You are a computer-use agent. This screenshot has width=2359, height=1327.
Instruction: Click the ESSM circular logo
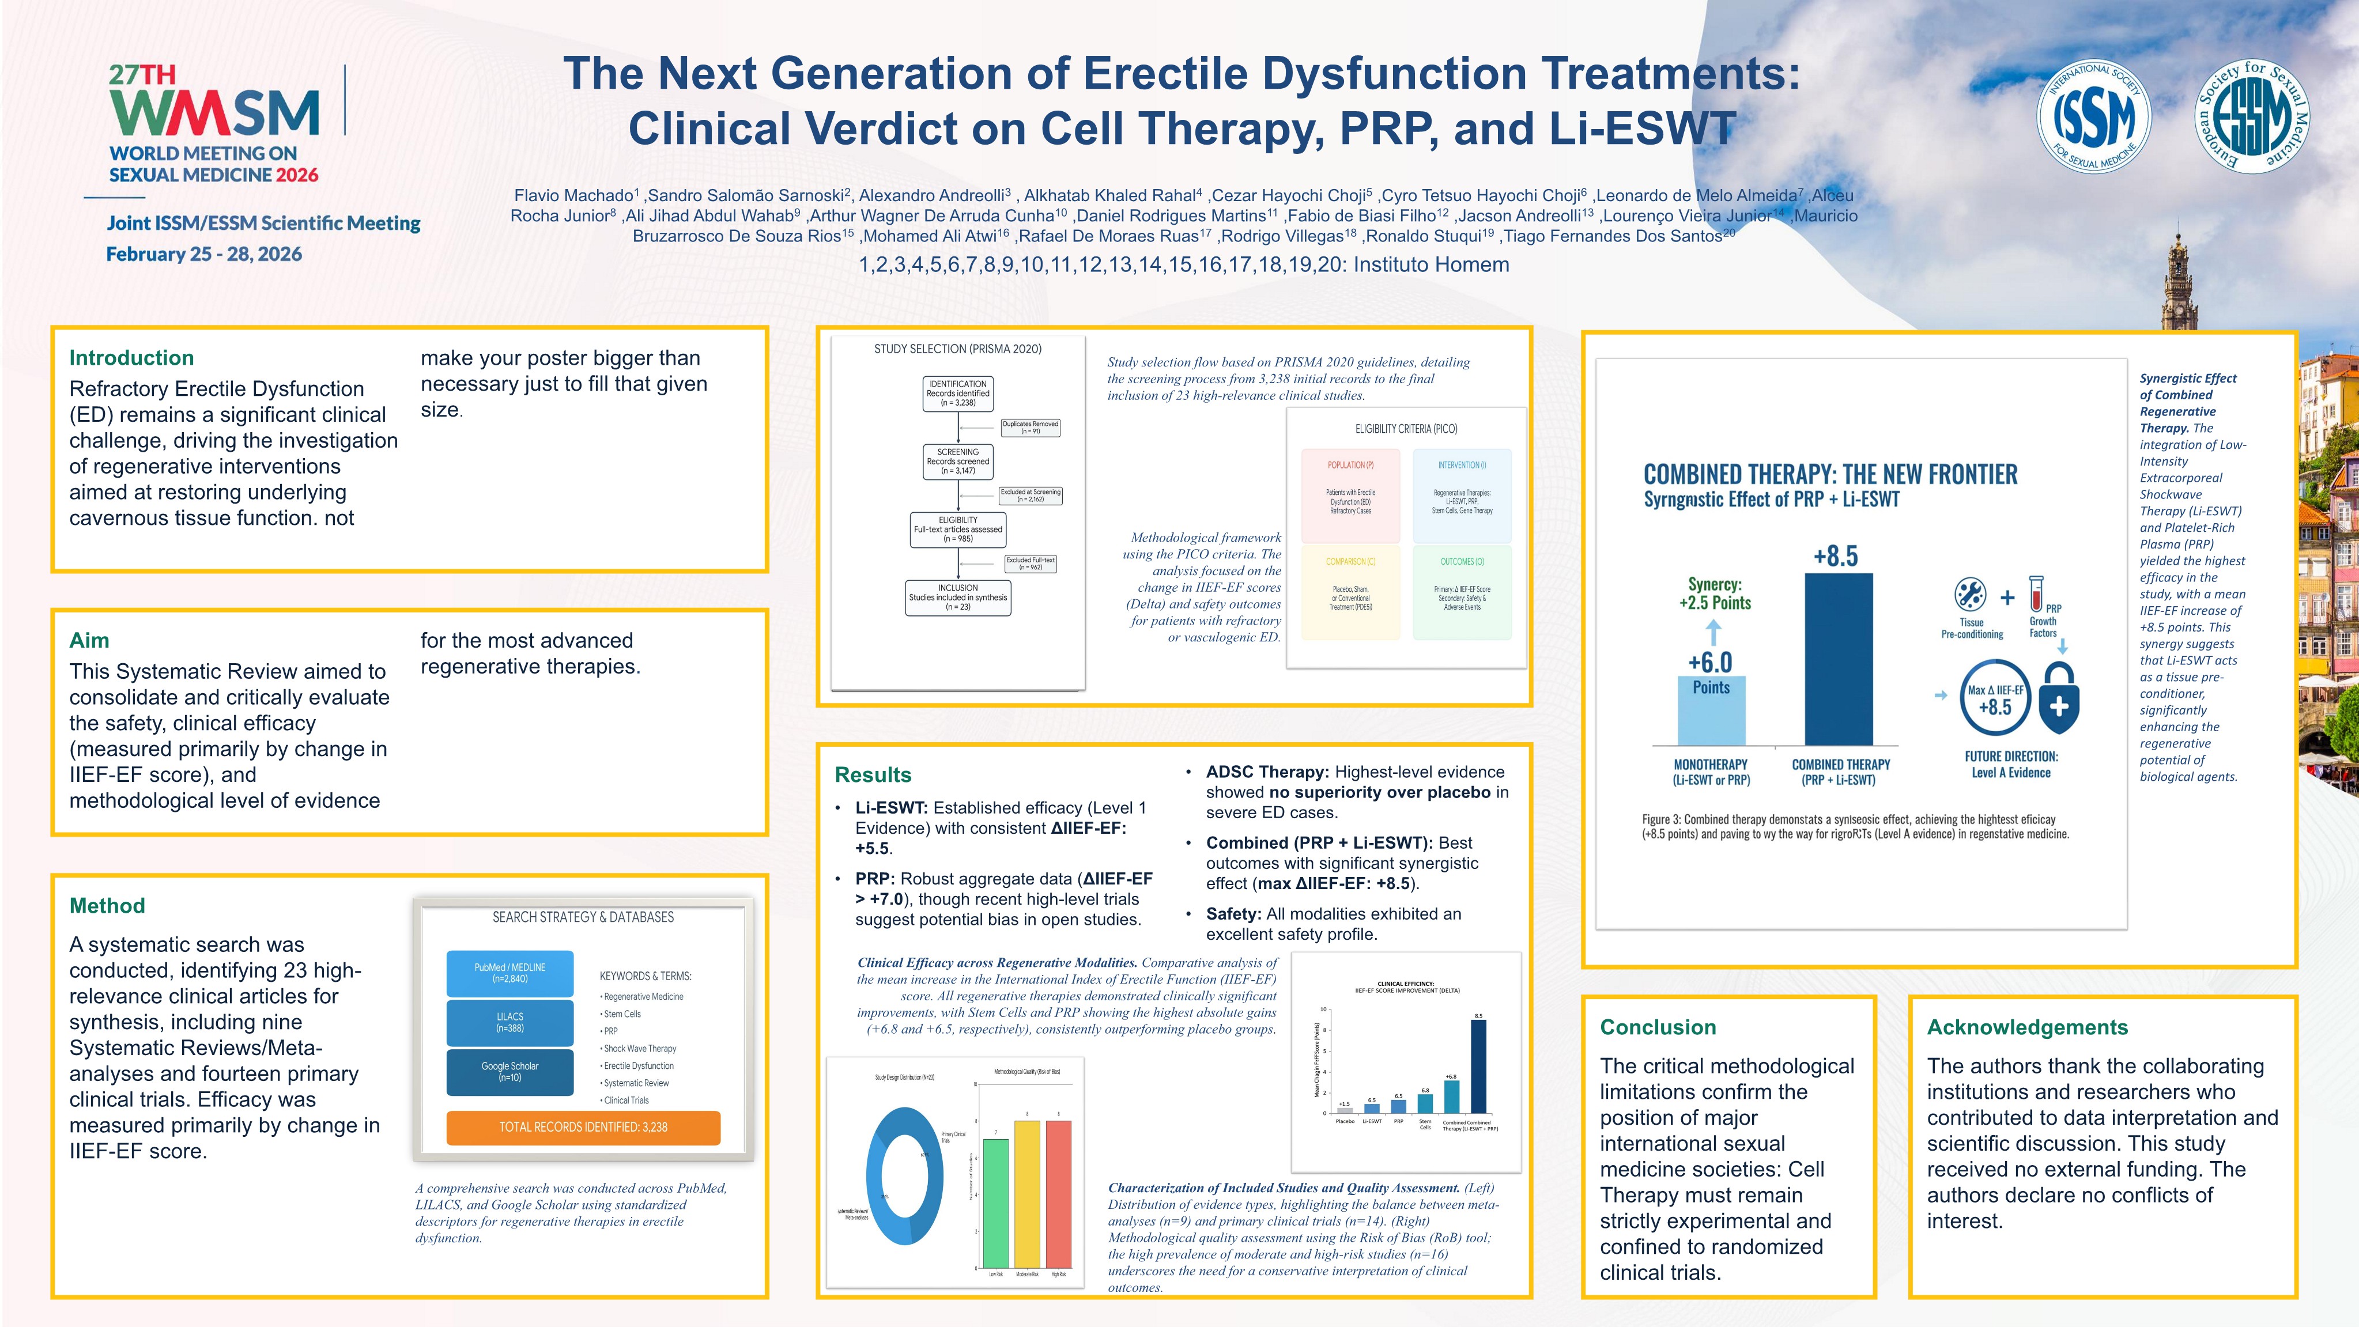(2254, 115)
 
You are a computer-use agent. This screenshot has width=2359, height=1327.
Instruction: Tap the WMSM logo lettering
(215, 112)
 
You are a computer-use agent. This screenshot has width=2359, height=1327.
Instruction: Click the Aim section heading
(89, 640)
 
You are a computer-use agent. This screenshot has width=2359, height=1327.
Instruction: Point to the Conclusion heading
(1658, 1027)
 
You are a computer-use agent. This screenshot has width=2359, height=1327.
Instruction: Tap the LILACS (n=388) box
(510, 1022)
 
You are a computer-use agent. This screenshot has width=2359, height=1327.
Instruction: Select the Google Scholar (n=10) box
(510, 1072)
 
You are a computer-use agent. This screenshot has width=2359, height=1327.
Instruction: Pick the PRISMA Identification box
(958, 393)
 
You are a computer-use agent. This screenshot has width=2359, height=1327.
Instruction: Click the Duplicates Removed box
(1031, 428)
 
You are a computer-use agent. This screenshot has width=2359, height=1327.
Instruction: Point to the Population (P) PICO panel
(1351, 494)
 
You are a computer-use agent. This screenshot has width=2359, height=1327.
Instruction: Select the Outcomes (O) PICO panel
(1462, 591)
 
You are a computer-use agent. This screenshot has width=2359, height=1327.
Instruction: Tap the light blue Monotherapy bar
(1711, 712)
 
